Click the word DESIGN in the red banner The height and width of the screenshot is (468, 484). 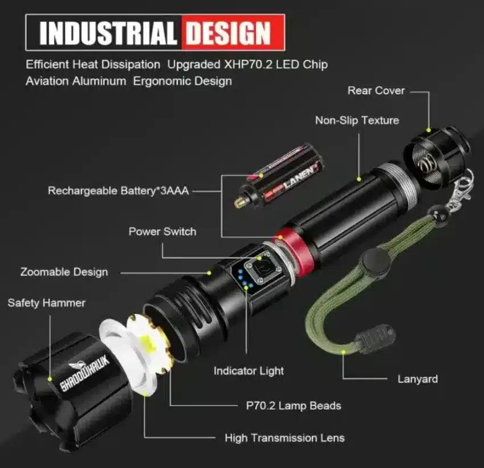229,33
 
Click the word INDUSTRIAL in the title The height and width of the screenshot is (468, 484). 108,33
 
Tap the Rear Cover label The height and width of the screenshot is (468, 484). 376,91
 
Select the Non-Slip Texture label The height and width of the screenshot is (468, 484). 357,120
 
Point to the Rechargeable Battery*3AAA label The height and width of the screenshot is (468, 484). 118,191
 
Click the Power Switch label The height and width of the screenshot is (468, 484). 162,231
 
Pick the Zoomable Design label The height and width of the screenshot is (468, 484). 64,272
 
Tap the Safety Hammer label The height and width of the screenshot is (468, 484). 47,303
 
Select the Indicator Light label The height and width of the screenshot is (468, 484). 249,371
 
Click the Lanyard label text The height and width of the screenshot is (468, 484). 418,379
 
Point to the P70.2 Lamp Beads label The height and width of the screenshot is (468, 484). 294,406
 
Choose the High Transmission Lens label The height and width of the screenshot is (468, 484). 284,438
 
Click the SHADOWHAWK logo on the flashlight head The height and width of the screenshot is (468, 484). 84,373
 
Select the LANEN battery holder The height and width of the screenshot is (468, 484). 279,176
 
